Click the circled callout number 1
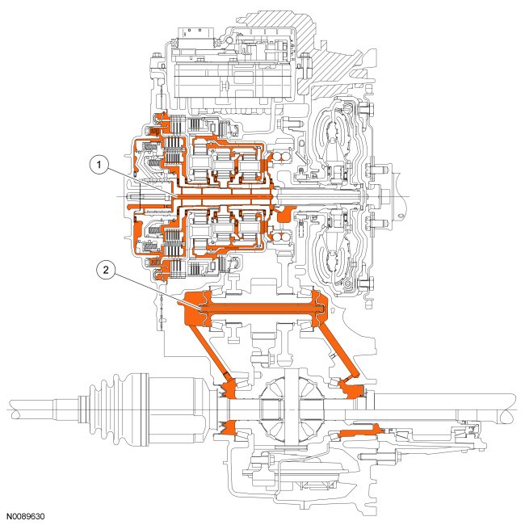(99, 165)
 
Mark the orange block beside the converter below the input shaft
(283, 214)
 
